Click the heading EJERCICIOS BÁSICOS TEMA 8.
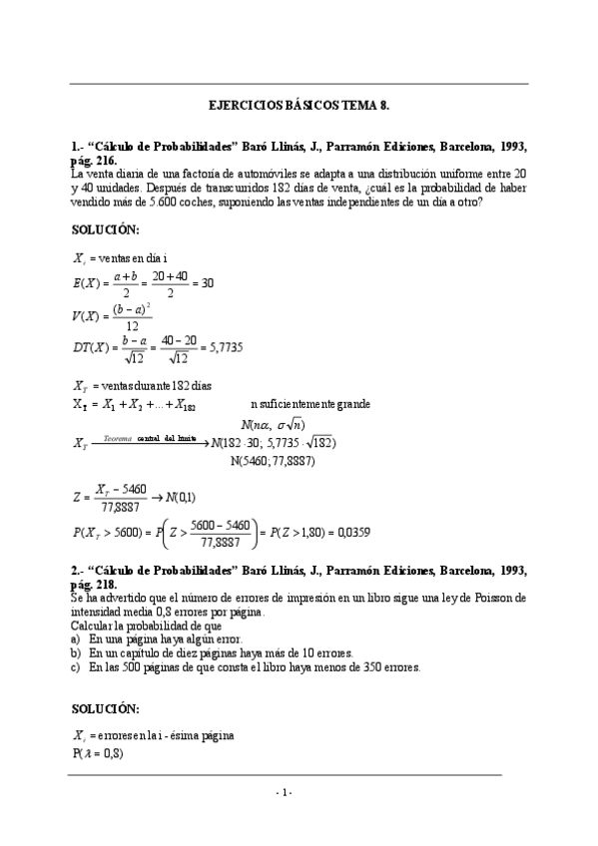coord(298,104)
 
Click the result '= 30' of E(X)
coord(201,282)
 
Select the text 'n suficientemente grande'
coord(310,404)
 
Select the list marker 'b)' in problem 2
coord(76,652)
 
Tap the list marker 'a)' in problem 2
coord(76,638)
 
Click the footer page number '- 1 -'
coord(286,791)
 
